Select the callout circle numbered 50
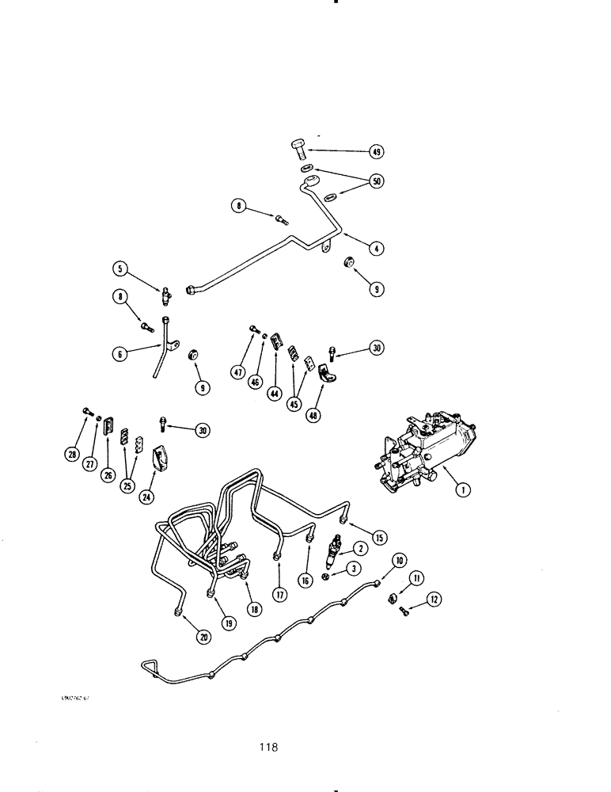(376, 182)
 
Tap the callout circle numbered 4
(377, 248)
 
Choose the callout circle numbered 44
(274, 392)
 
